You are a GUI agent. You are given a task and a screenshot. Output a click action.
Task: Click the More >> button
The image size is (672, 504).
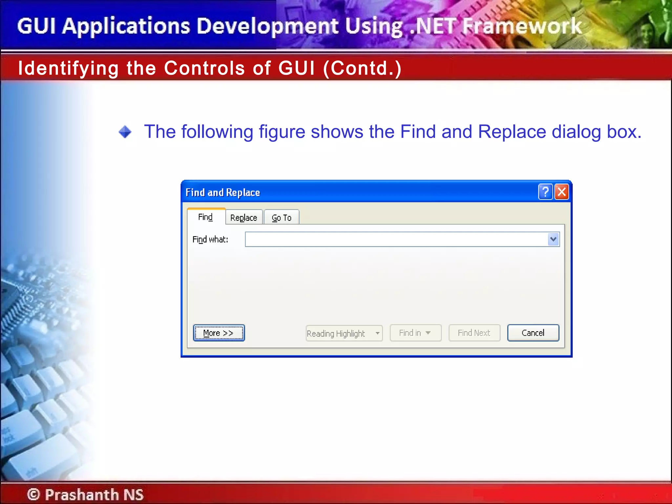(219, 333)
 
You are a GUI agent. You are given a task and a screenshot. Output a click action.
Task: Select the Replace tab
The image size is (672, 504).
(244, 218)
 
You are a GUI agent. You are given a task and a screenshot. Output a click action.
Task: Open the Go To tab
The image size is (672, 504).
(282, 218)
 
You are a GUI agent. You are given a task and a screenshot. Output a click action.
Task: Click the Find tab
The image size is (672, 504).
(206, 217)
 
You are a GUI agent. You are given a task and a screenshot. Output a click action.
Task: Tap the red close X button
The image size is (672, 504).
(562, 192)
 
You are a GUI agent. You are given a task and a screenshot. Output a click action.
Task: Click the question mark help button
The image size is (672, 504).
(545, 192)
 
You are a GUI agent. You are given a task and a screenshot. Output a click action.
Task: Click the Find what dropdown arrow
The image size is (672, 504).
(553, 239)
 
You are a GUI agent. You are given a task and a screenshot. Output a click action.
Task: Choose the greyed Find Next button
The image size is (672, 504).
(474, 333)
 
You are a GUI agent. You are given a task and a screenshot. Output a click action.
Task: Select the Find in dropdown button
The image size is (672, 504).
(415, 333)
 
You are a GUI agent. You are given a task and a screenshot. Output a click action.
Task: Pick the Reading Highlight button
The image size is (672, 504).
(344, 333)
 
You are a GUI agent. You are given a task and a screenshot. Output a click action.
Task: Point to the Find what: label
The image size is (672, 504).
(210, 240)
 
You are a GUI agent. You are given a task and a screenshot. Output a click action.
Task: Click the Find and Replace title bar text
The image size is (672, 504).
(223, 192)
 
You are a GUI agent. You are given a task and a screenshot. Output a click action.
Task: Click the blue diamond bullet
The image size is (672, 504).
(125, 132)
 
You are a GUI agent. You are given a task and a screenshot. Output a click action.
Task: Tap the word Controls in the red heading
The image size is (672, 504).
(204, 68)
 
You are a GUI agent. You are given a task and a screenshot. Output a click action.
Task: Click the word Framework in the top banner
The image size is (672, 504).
(522, 26)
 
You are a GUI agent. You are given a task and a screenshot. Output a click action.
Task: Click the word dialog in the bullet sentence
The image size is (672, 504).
(577, 132)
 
